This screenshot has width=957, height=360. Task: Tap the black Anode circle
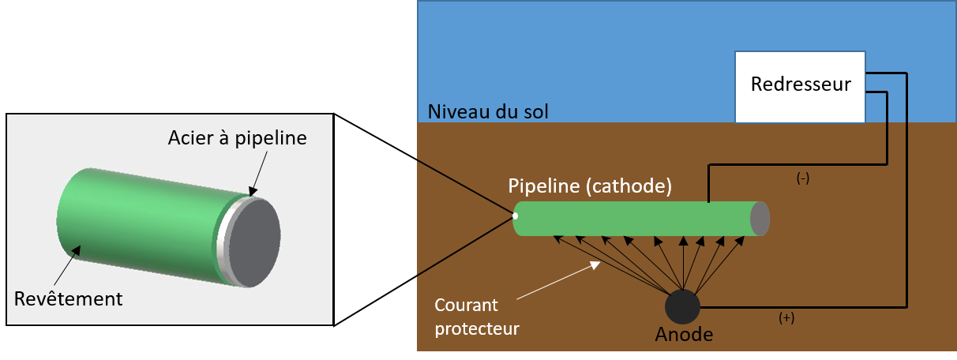(x=682, y=306)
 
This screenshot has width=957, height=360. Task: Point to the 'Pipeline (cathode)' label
(x=590, y=188)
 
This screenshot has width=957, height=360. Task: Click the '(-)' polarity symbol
(x=802, y=179)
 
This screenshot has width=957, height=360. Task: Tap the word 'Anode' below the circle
(x=684, y=335)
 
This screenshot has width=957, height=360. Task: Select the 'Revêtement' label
(x=68, y=299)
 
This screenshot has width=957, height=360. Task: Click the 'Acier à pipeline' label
(x=237, y=138)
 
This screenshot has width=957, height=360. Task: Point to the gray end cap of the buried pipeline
(x=760, y=219)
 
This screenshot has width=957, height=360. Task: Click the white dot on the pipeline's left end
(x=515, y=216)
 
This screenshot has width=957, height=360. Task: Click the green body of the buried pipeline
(x=632, y=219)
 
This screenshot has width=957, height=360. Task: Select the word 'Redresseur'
(x=801, y=84)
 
